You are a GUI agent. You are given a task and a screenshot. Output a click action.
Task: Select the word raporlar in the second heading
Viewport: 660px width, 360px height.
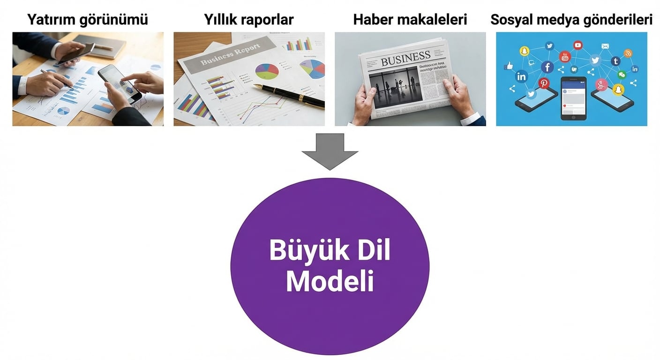point(270,20)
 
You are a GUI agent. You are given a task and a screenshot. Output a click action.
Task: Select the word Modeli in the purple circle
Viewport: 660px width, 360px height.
point(330,281)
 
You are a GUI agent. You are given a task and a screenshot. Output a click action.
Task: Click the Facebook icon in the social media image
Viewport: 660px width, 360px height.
point(547,67)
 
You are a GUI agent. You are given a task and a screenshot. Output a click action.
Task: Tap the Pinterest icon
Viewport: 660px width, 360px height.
point(544,83)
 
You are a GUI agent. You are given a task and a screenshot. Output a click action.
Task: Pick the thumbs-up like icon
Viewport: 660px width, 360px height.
point(509,66)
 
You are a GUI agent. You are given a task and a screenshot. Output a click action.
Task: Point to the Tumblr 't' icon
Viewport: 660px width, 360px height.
point(615,61)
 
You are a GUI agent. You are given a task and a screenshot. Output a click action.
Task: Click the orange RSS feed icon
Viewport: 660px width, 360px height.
point(628,53)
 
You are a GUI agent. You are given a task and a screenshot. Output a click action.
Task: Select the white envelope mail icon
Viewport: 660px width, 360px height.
point(605,46)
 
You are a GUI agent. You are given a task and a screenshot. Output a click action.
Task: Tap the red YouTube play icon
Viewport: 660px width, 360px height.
point(577,45)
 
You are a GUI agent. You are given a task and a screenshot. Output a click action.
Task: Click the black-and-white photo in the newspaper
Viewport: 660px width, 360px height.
point(393,87)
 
